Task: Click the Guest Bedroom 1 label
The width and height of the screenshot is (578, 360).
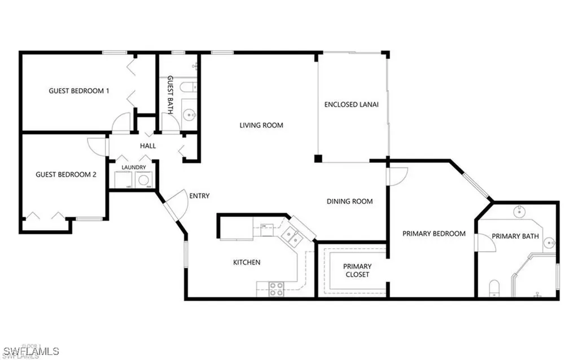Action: [78, 90]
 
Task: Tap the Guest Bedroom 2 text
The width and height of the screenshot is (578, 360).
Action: [65, 174]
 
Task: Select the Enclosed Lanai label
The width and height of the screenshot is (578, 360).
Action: [351, 104]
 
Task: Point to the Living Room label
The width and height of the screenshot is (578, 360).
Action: [261, 125]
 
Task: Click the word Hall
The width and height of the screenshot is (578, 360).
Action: [148, 146]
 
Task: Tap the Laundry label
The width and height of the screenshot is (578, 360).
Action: [134, 167]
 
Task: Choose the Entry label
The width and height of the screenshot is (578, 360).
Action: [199, 196]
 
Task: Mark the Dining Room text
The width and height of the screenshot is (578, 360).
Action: [349, 201]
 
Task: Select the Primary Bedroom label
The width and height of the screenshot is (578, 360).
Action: [433, 233]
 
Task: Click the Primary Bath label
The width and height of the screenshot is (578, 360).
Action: [515, 236]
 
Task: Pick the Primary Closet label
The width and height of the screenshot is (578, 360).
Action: [357, 270]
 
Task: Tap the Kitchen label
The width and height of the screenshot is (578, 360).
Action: [247, 262]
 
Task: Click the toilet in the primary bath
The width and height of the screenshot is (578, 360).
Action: [494, 288]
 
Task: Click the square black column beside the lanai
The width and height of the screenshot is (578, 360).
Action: [318, 158]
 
